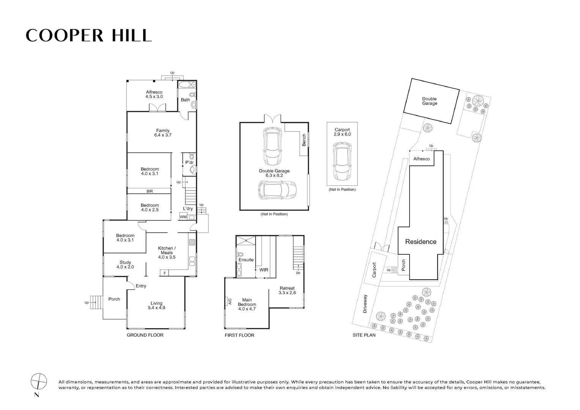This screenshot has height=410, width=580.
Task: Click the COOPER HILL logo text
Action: (88, 35)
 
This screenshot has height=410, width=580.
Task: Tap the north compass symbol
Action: (39, 380)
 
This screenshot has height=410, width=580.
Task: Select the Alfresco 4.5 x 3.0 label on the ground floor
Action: (154, 95)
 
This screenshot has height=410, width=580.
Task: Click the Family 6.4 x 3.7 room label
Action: (163, 133)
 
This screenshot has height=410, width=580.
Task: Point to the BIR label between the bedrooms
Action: (150, 191)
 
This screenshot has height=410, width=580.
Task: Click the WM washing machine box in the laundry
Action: (183, 217)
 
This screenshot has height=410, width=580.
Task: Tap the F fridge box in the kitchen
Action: (165, 273)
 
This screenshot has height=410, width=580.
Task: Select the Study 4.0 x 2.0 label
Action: (125, 265)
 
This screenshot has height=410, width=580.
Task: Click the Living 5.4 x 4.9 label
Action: (156, 306)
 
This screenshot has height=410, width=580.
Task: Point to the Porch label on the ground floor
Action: (114, 299)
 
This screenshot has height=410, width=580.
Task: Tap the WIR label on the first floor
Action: (263, 270)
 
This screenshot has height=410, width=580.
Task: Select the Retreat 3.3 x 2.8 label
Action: (287, 290)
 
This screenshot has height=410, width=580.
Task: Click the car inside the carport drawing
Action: (342, 161)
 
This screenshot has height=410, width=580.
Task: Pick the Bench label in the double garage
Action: (304, 140)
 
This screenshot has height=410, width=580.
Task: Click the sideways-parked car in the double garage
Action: (277, 189)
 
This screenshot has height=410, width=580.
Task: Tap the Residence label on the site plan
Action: (421, 242)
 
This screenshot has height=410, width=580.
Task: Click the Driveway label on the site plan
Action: (365, 304)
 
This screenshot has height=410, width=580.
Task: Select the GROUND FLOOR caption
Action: (145, 335)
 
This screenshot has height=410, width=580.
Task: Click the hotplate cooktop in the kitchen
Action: (192, 242)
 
